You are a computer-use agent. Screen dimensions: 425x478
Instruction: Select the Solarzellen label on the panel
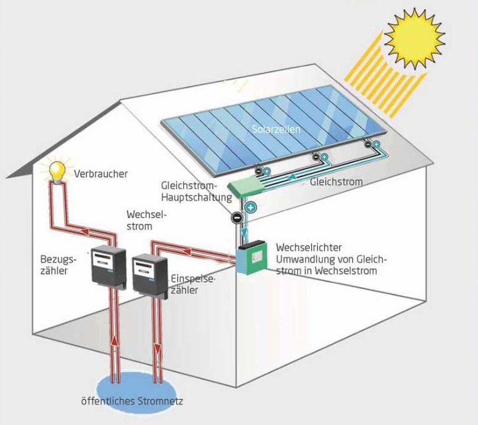pos(275,129)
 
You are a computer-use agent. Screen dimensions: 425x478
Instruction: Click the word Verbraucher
pos(101,174)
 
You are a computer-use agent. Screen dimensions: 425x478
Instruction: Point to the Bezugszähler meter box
pos(107,267)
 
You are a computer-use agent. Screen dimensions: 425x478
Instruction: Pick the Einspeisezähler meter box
pos(149,272)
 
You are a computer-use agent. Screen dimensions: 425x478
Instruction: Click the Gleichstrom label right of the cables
pos(335,180)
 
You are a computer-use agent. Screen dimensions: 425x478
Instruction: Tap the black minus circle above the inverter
pos(236,217)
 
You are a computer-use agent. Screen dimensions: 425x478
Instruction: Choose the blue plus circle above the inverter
pos(251,208)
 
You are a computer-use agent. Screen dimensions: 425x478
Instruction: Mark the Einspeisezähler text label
pos(193,284)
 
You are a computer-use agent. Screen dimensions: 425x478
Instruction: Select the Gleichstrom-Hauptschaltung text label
pos(196,190)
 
